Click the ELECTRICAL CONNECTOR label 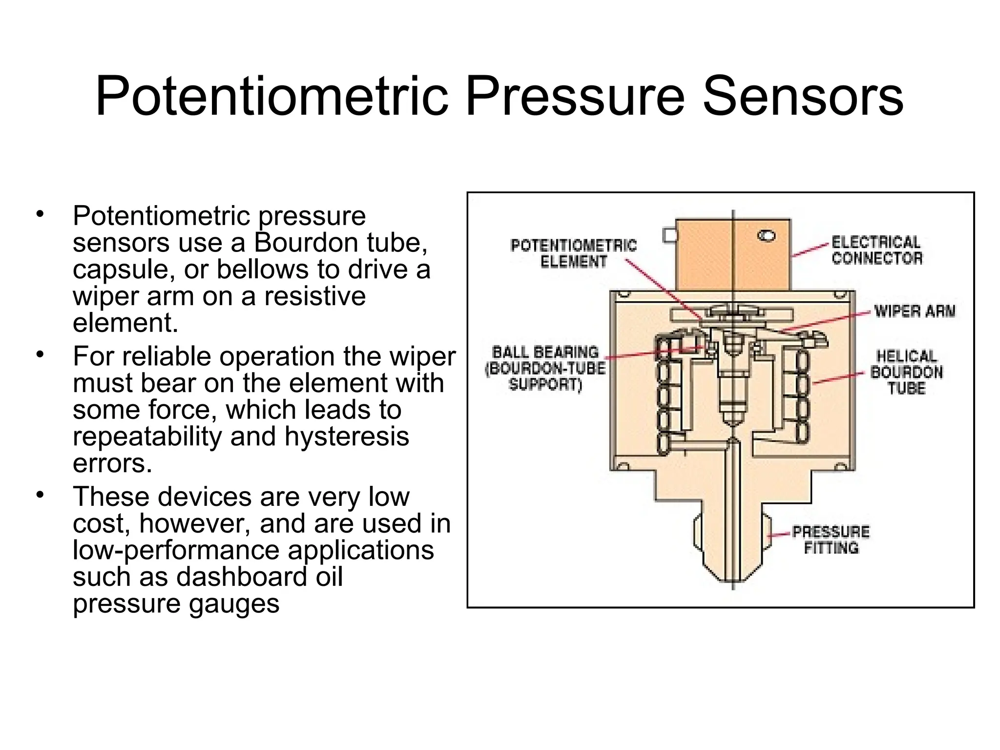click(x=877, y=250)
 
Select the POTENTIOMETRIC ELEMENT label click(x=573, y=253)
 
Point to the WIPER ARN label click(x=914, y=311)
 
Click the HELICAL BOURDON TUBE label click(x=906, y=372)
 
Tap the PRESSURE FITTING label click(x=831, y=540)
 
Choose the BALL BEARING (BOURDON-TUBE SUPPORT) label click(x=545, y=368)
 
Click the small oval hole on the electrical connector click(x=766, y=236)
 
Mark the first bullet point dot click(x=40, y=214)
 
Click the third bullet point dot click(x=40, y=495)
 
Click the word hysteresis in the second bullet click(x=347, y=436)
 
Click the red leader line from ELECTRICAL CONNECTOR click(x=811, y=250)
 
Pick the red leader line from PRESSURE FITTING click(x=778, y=534)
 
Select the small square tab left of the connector click(x=669, y=236)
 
